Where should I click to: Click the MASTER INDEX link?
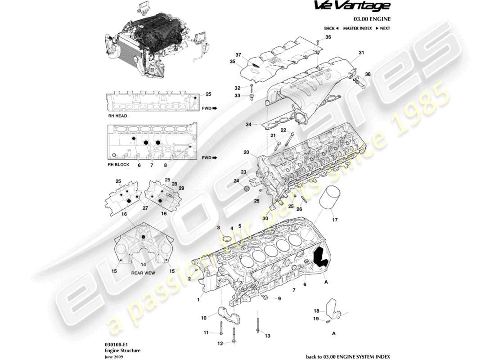point(357,28)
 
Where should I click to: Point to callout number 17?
point(334,220)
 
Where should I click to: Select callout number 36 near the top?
point(328,37)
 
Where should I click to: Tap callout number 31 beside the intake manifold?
point(361,53)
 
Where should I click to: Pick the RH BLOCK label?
point(118,165)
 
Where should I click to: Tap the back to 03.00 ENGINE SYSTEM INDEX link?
point(348,356)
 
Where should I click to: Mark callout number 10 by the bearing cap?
point(203,318)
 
